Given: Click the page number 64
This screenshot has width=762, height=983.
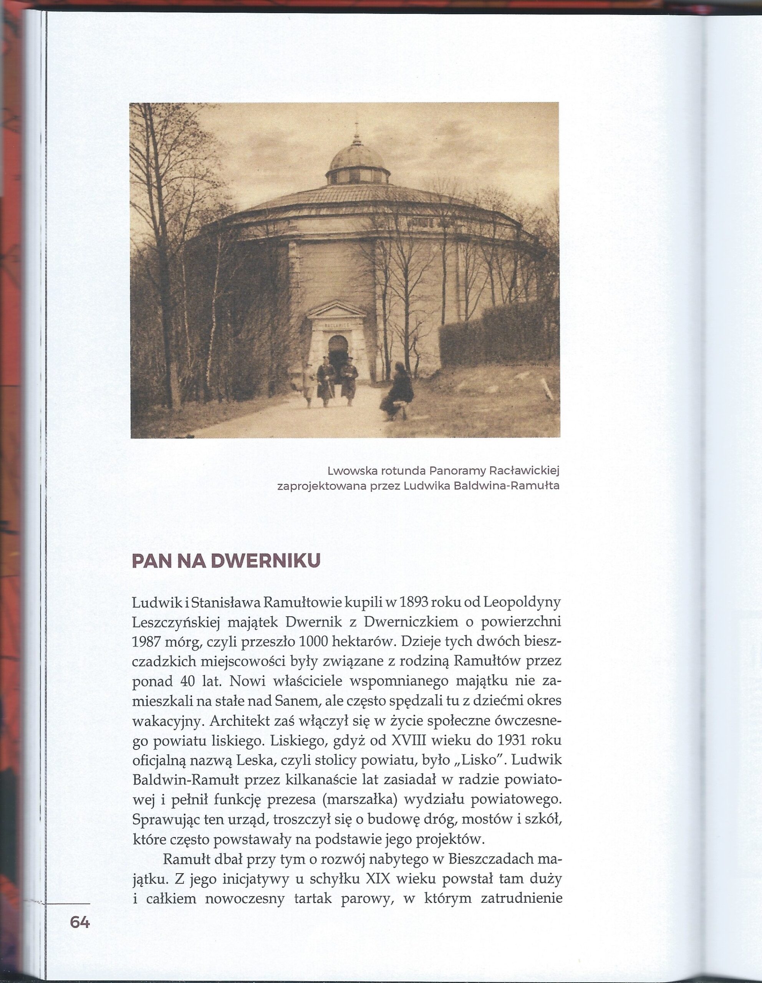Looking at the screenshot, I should (80, 922).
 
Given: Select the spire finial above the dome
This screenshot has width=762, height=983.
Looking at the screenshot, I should (357, 133).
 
